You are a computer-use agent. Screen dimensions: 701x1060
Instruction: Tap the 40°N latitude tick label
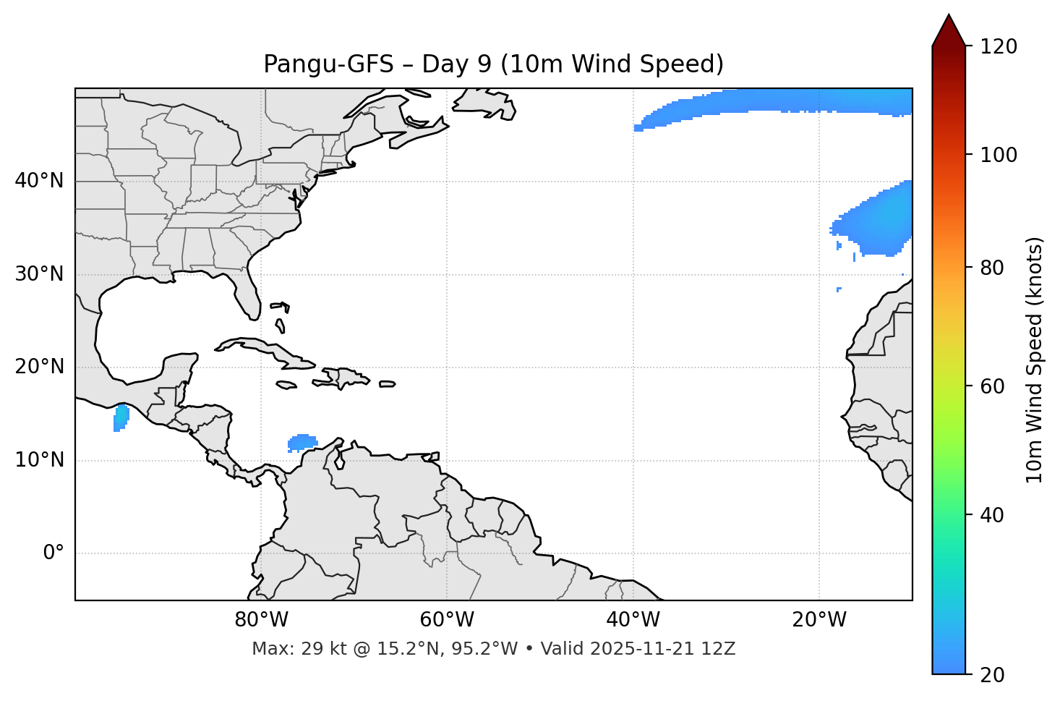pos(40,181)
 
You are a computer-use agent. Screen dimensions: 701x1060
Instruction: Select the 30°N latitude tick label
pos(40,274)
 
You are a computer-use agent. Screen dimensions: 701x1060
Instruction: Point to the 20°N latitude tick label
pos(40,367)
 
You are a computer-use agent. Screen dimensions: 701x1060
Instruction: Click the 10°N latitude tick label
pos(40,460)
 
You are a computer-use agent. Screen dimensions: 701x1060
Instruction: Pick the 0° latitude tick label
pos(54,553)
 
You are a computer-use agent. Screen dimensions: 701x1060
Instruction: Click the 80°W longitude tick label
pos(261,620)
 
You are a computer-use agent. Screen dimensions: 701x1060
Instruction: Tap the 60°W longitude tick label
pos(447,620)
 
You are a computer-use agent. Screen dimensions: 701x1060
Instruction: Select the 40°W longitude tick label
pos(633,620)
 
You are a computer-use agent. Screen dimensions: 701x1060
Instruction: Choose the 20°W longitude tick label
pos(819,620)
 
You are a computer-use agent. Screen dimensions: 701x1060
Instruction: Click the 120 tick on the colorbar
pos(999,47)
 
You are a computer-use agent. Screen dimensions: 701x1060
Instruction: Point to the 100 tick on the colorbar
pos(999,155)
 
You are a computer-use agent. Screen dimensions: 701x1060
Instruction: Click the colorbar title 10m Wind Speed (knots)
pos(1035,360)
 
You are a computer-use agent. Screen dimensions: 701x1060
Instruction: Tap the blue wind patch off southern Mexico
pos(121,418)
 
